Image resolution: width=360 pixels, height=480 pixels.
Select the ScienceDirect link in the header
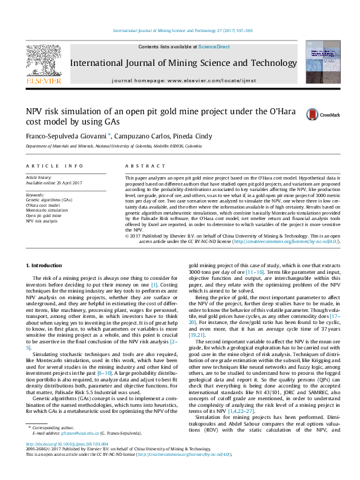[x=214, y=47]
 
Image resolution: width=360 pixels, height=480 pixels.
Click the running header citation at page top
[x=182, y=30]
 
